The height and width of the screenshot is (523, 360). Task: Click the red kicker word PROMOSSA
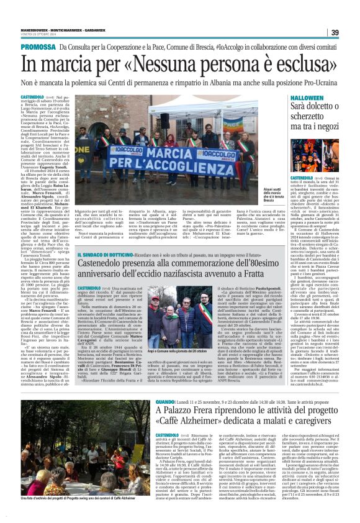[37, 46]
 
